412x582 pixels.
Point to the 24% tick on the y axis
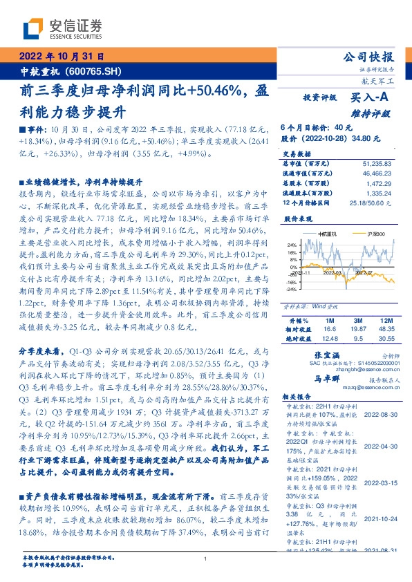[292, 245]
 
